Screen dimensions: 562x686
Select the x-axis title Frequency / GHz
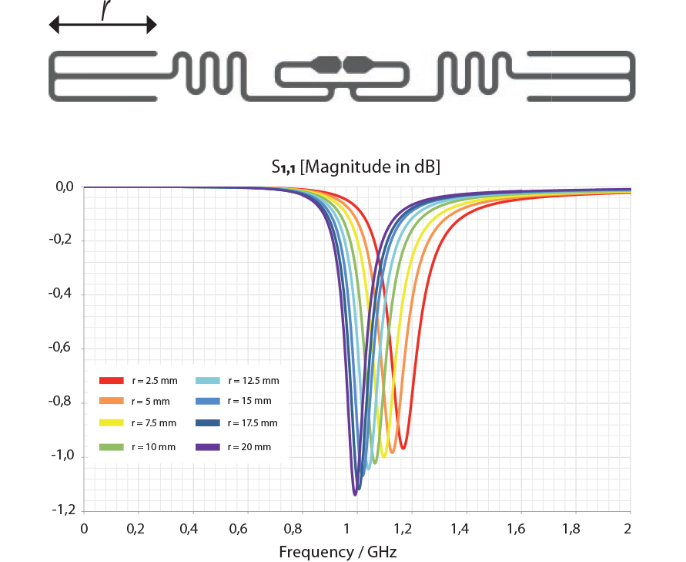point(338,552)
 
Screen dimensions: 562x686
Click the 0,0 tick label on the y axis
point(64,187)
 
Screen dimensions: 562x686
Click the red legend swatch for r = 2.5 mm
point(112,380)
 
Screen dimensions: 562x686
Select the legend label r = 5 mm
point(150,402)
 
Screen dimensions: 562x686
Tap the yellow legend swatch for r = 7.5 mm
point(112,423)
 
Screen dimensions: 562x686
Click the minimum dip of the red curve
point(403,448)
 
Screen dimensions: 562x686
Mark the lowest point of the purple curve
point(354,494)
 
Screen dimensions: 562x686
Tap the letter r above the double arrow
point(105,8)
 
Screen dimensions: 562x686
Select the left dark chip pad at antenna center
point(329,65)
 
